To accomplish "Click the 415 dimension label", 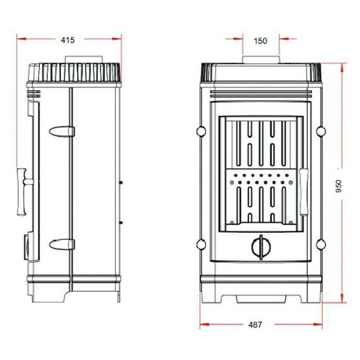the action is (x=68, y=40).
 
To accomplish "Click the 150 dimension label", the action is (x=261, y=41).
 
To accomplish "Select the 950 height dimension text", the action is (x=339, y=186).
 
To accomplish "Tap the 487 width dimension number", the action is (x=255, y=325).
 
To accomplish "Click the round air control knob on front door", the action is (x=261, y=247).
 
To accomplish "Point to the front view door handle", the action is (x=304, y=192).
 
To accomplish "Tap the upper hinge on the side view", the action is (x=62, y=131).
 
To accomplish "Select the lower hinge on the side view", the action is (x=62, y=244).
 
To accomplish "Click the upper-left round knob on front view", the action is (x=201, y=131).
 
